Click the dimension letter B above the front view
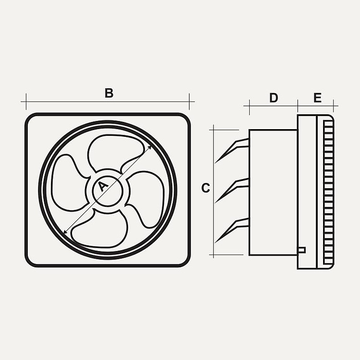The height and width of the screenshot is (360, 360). tap(109, 93)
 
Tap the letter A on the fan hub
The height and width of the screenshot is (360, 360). tap(102, 186)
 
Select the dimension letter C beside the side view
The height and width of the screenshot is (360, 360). tap(205, 188)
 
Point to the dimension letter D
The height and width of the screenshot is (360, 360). tap(274, 98)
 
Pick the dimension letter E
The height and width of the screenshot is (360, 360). tap(318, 98)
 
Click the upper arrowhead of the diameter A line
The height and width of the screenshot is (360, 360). tap(150, 147)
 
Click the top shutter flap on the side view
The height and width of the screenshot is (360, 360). tap(232, 150)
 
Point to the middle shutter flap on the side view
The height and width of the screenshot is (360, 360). tap(232, 190)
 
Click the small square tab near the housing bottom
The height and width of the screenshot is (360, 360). tap(302, 250)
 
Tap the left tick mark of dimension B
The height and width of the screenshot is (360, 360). tap(26, 101)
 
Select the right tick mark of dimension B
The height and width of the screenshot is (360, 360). tap(189, 101)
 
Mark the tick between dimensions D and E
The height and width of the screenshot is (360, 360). tap(298, 106)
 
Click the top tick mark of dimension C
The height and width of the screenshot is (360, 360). tap(224, 130)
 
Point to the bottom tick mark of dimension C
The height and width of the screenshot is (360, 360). tap(226, 254)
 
